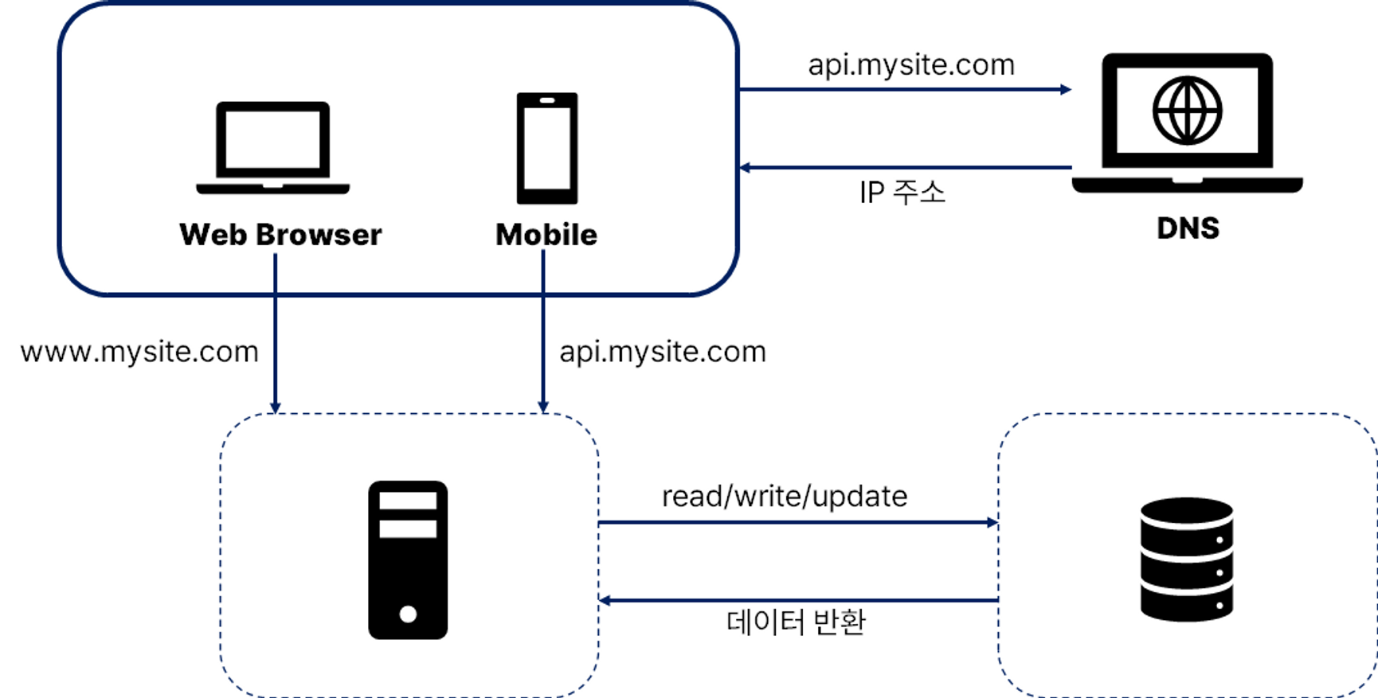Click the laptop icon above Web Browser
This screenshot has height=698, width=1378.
pyautogui.click(x=272, y=146)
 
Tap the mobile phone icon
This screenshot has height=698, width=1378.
pyautogui.click(x=546, y=148)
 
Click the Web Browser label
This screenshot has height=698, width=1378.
pyautogui.click(x=280, y=235)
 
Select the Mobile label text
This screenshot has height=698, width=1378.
pyautogui.click(x=546, y=235)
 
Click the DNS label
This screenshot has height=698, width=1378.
pyautogui.click(x=1188, y=228)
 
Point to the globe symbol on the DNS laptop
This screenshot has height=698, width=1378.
pyautogui.click(x=1187, y=111)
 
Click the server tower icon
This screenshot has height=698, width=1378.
pyautogui.click(x=408, y=560)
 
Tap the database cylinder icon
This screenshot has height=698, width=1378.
pyautogui.click(x=1186, y=559)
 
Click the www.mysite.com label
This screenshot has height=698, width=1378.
pyautogui.click(x=139, y=352)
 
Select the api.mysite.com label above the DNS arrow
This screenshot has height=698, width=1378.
pyautogui.click(x=911, y=65)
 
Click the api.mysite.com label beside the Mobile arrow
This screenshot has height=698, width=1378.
pyautogui.click(x=663, y=352)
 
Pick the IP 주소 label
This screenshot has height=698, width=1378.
pyautogui.click(x=902, y=193)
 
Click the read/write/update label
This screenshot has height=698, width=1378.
pyautogui.click(x=785, y=497)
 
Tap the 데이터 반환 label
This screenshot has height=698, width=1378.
pyautogui.click(x=795, y=622)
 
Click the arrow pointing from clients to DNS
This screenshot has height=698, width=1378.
pyautogui.click(x=905, y=89)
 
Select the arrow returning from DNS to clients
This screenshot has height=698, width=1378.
pyautogui.click(x=905, y=168)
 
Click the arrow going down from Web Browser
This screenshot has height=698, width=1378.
pyautogui.click(x=275, y=334)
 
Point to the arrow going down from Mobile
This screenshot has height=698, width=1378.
pyautogui.click(x=543, y=334)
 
